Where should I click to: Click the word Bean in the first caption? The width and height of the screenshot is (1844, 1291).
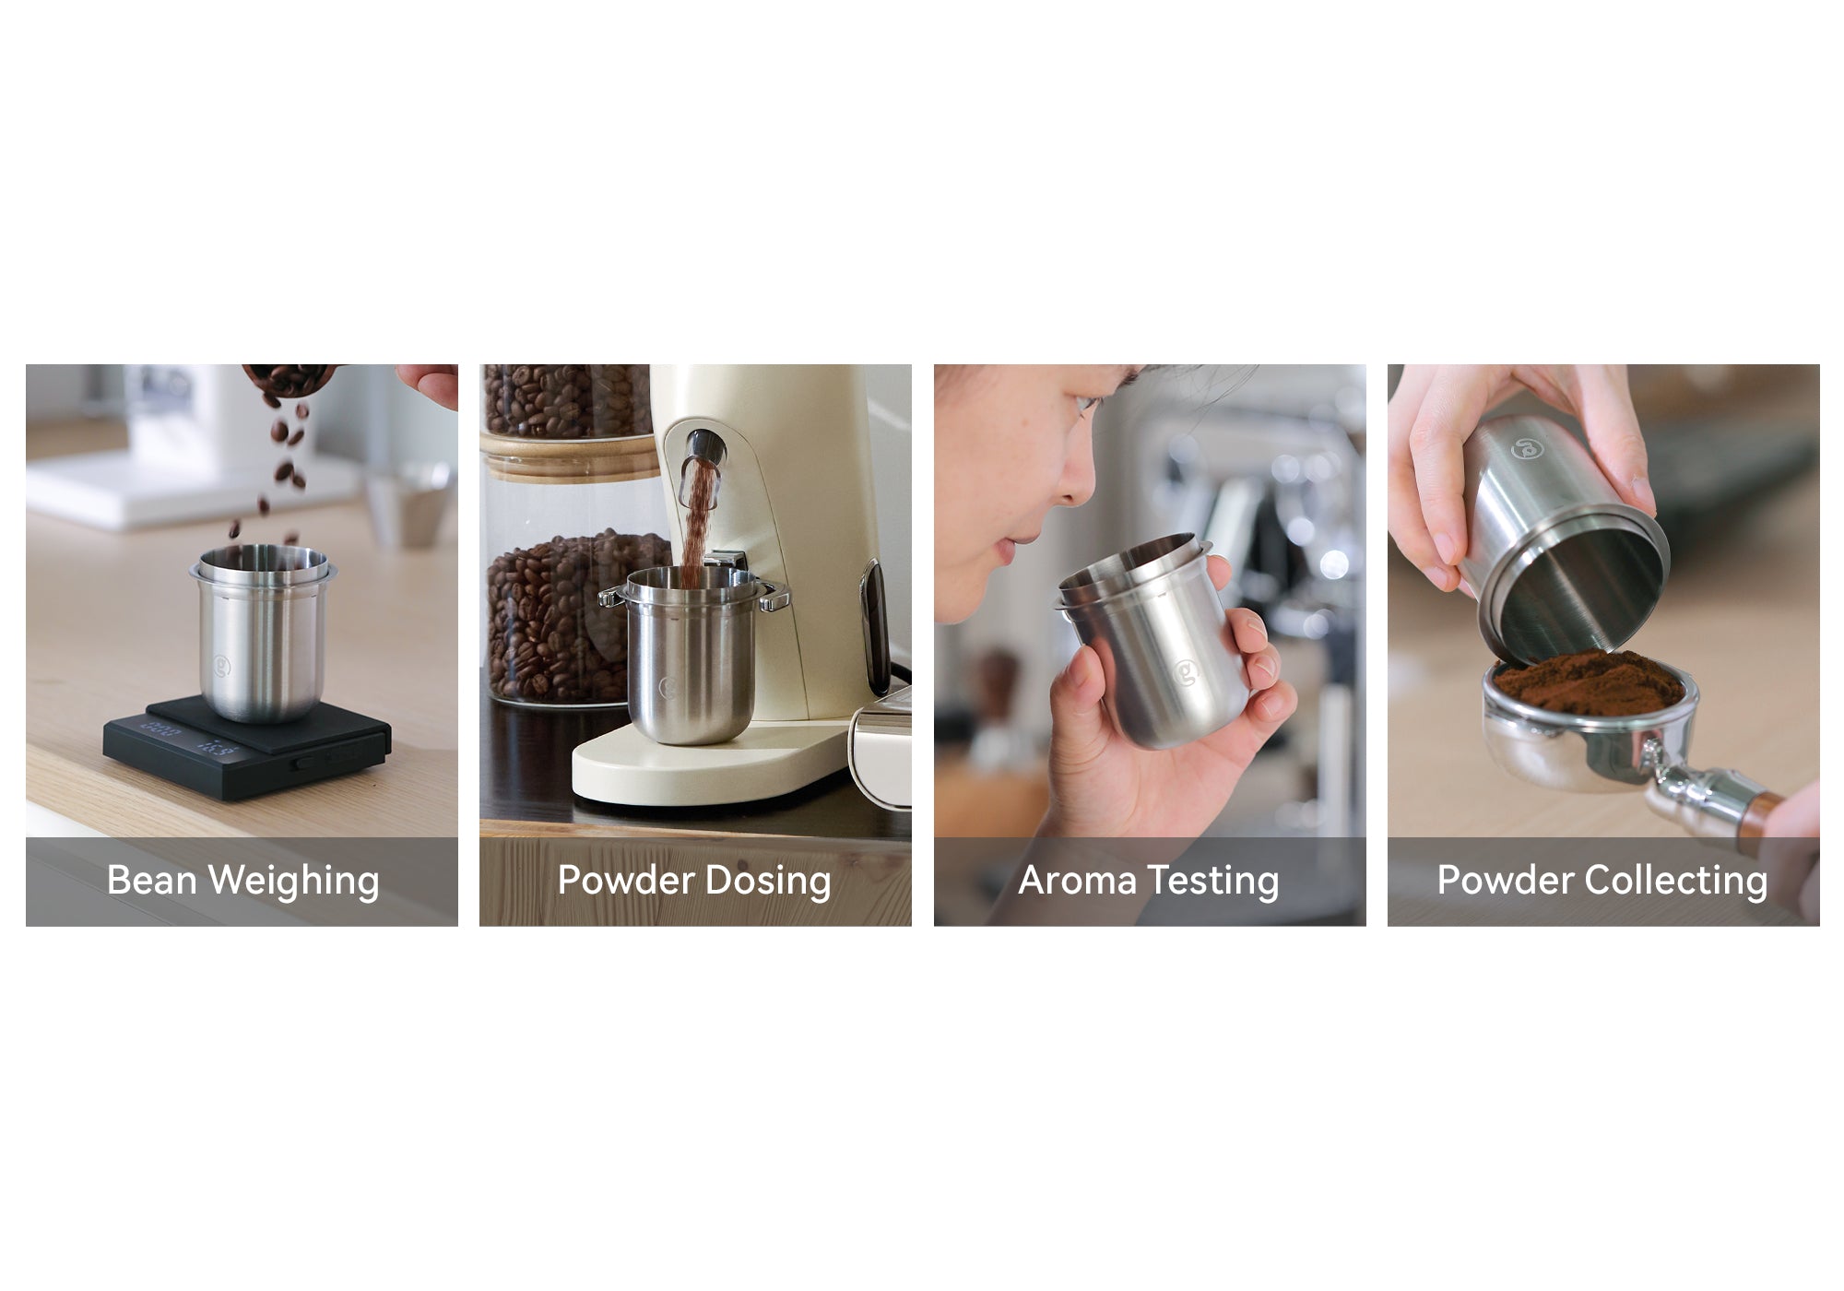coord(152,880)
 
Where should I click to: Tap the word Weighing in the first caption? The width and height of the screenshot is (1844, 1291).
coord(294,882)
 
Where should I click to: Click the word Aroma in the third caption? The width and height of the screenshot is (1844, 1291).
coord(1077,881)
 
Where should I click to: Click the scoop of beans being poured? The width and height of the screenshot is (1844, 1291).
coord(290,378)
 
